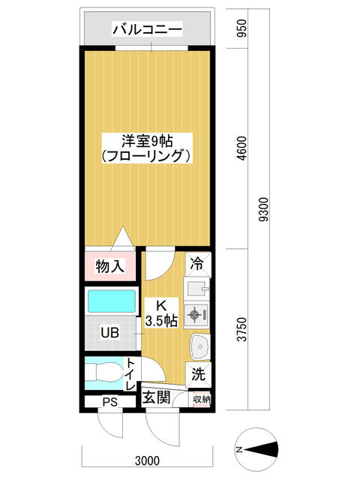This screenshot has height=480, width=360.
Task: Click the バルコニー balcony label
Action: click(147, 30)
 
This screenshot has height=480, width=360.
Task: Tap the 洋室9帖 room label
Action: click(147, 141)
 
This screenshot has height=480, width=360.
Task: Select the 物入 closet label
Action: click(110, 265)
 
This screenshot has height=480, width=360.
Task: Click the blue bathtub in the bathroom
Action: click(112, 301)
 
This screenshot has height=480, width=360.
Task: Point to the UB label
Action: click(110, 333)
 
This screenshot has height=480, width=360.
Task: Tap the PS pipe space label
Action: click(110, 402)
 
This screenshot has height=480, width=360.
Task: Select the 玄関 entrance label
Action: click(157, 397)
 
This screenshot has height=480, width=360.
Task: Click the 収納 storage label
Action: click(202, 399)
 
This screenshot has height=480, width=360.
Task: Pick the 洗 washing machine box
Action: click(198, 374)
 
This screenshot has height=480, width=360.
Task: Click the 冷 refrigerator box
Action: click(198, 264)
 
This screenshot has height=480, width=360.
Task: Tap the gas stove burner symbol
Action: click(194, 314)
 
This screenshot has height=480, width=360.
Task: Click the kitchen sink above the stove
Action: click(196, 287)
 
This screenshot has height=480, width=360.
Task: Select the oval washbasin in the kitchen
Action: click(200, 346)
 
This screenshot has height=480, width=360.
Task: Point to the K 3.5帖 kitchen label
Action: click(161, 313)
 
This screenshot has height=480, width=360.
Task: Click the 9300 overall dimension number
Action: click(263, 209)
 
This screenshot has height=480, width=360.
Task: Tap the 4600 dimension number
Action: click(241, 148)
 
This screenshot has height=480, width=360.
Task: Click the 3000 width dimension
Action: click(148, 460)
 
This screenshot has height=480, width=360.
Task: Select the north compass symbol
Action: click(257, 449)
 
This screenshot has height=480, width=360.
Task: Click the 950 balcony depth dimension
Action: click(241, 28)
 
